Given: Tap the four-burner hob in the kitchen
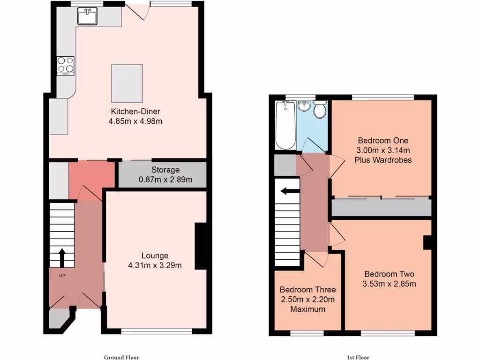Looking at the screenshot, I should [x=65, y=66].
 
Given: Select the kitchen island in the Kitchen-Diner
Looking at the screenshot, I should [x=127, y=83].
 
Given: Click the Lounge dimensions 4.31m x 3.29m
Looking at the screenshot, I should [x=155, y=265].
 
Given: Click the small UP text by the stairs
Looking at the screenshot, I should [x=61, y=276].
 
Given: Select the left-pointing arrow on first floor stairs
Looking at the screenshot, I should [x=287, y=191].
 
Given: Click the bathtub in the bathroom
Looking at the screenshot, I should [x=285, y=125].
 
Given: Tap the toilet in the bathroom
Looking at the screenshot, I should [x=321, y=110].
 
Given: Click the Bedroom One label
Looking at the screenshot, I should [x=383, y=141].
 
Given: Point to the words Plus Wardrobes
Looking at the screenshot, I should [x=383, y=160].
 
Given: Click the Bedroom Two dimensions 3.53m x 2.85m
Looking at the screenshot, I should [x=390, y=284].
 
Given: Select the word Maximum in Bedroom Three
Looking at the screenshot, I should [x=307, y=309].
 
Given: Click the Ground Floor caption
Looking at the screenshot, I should [x=121, y=357].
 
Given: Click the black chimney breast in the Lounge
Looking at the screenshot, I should [x=200, y=246].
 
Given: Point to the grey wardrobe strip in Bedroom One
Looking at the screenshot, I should [x=381, y=207].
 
